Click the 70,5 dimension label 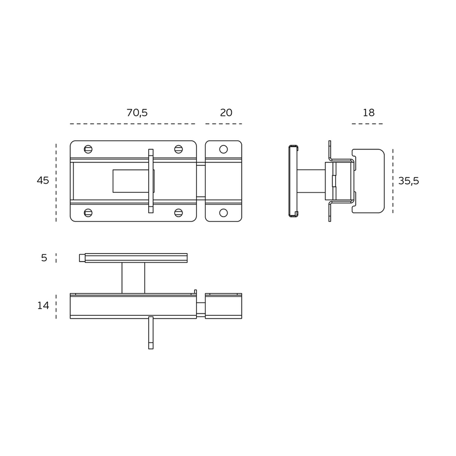[137, 113]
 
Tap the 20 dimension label [226, 112]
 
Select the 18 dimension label [368, 112]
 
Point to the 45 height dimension [43, 181]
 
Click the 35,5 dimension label [409, 181]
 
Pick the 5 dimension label [44, 258]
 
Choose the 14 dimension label [43, 306]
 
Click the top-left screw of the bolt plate [88, 149]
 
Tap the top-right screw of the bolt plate [178, 149]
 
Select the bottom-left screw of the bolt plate [88, 213]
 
